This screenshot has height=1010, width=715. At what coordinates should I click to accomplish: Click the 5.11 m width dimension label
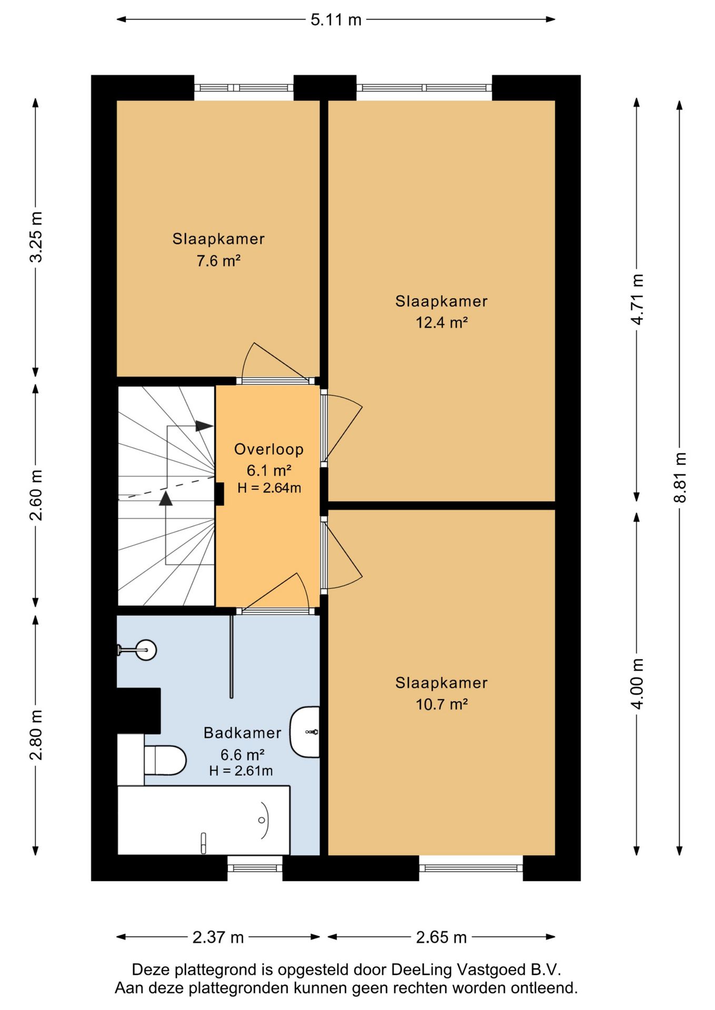336,19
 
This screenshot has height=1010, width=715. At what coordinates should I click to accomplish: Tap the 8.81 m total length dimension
680,478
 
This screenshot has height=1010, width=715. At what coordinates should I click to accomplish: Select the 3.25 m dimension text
36,237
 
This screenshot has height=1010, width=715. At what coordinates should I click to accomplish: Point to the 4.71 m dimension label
637,299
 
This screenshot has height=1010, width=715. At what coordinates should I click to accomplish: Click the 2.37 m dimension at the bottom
218,937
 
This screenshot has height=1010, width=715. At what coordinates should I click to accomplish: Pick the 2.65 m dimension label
441,937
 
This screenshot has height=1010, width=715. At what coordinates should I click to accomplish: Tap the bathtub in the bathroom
204,820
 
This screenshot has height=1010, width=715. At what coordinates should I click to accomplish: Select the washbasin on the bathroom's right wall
305,732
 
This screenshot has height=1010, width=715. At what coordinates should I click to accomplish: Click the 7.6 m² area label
219,260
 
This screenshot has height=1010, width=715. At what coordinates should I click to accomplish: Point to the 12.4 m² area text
442,322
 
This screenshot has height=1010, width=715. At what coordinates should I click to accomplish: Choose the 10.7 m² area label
442,704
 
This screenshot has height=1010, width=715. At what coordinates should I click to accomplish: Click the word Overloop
269,449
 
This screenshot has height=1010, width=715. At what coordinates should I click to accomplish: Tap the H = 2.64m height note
269,488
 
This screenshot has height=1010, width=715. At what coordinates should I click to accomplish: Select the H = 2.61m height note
241,771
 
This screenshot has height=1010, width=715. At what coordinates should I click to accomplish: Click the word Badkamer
243,733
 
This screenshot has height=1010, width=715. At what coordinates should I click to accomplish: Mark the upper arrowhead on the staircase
204,426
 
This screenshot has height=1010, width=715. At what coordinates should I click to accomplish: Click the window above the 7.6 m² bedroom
244,88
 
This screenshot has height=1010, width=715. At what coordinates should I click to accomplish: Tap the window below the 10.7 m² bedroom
471,868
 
